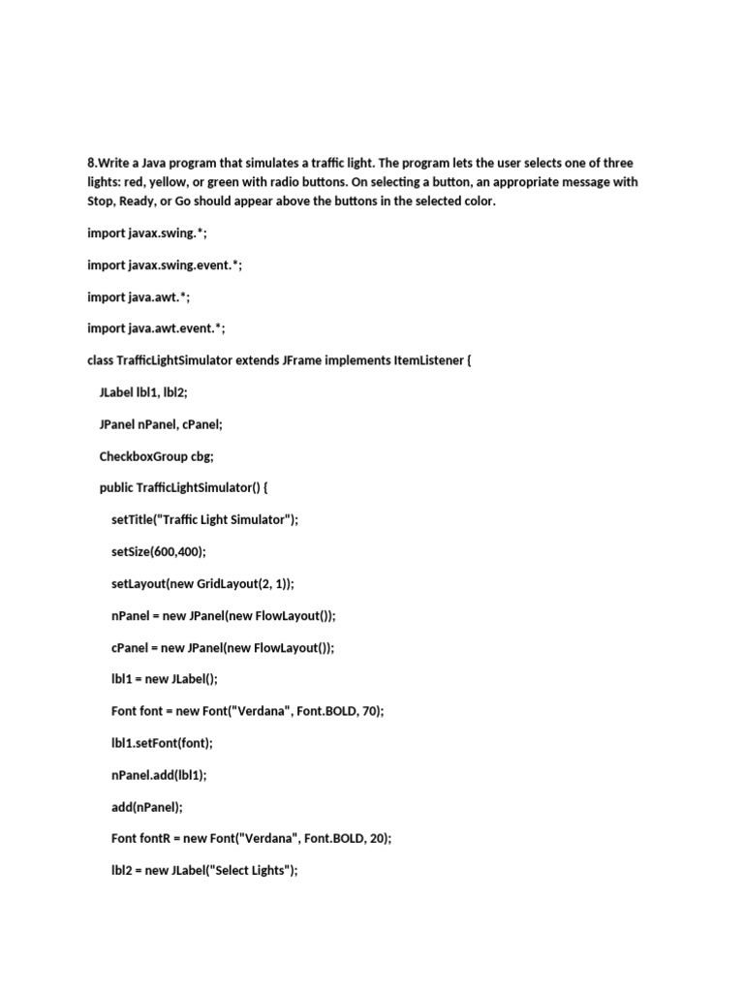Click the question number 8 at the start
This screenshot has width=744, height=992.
tap(91, 163)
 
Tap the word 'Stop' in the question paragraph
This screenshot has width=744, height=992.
tap(102, 201)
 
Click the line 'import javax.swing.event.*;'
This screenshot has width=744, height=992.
tap(165, 264)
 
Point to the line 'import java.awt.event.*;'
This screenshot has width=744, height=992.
tap(156, 328)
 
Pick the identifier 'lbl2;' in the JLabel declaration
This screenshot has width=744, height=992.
tap(170, 392)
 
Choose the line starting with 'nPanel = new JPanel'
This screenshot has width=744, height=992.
tap(224, 615)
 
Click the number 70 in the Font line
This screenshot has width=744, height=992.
tap(368, 711)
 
